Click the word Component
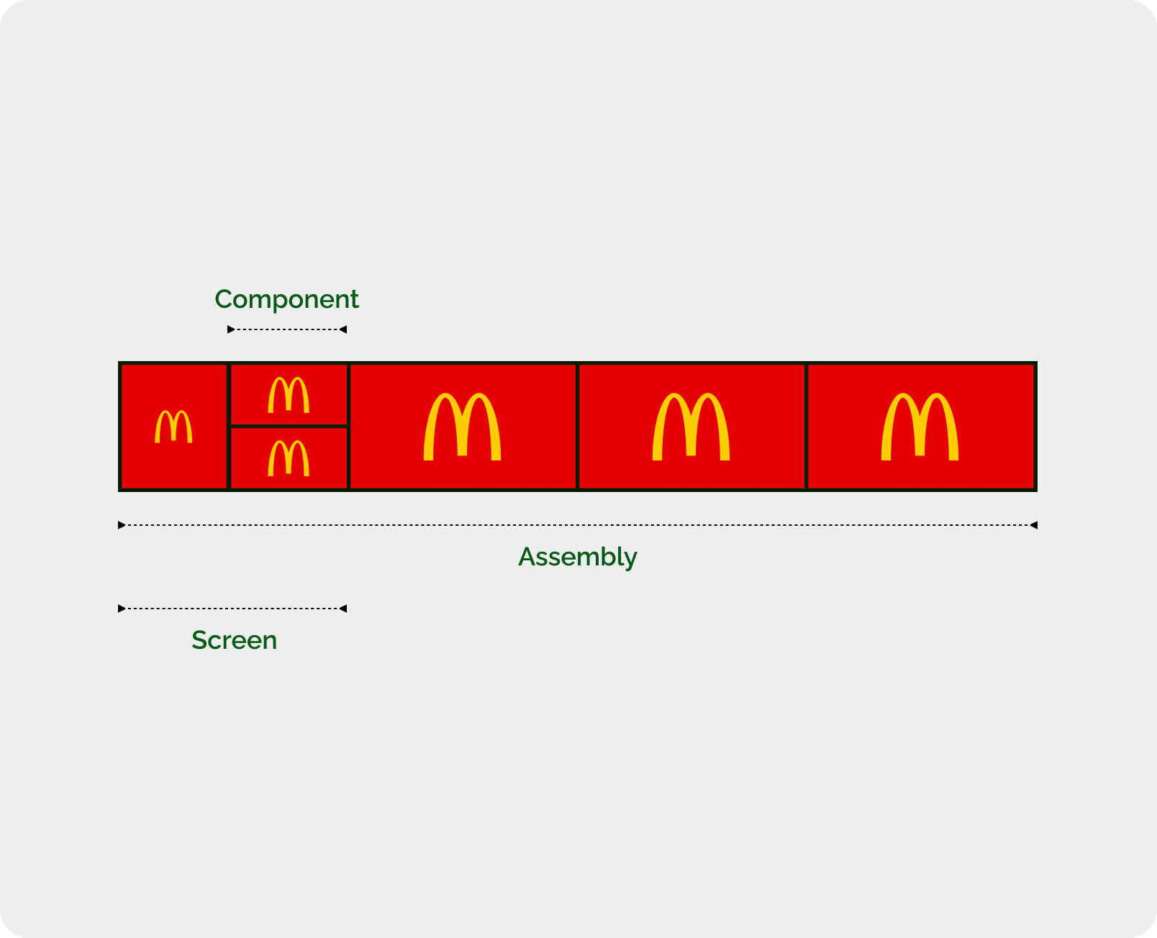click(x=286, y=300)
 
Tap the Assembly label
click(x=577, y=557)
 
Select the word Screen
click(x=234, y=640)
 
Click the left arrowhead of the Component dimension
click(x=231, y=329)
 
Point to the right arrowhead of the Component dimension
click(x=342, y=329)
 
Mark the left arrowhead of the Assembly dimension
click(x=122, y=524)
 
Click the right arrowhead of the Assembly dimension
click(x=1034, y=524)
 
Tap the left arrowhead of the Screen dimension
click(x=122, y=609)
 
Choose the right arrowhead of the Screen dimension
click(x=342, y=609)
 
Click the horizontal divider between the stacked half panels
click(x=289, y=427)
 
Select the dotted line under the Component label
click(x=287, y=329)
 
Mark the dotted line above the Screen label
click(x=232, y=609)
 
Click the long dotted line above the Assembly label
click(x=577, y=524)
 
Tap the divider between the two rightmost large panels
click(x=806, y=427)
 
